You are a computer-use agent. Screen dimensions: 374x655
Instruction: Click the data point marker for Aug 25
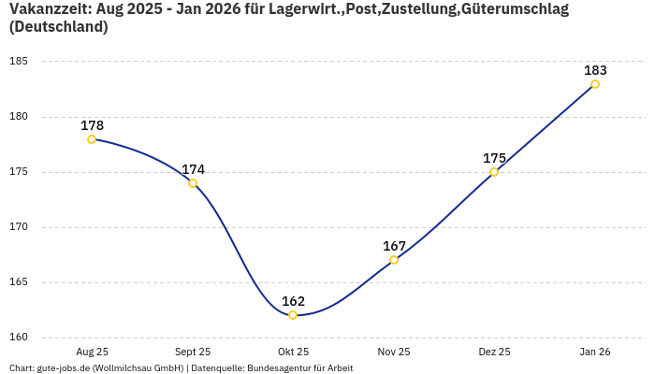92,139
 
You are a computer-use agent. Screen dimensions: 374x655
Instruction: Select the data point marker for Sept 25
193,183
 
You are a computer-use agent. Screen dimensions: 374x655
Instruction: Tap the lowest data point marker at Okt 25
293,315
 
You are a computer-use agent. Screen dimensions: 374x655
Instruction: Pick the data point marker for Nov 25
394,260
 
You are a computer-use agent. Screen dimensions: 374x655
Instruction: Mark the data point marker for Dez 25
494,172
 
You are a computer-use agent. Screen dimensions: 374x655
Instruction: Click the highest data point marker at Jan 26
595,84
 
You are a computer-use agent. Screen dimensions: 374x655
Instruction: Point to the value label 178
92,125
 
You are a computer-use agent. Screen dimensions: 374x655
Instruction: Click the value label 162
293,301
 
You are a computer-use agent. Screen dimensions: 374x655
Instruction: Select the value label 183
595,70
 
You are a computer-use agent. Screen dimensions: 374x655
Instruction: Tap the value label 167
394,246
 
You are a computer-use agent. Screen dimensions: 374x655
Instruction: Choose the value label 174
193,169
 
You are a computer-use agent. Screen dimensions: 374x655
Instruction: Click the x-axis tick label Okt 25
293,352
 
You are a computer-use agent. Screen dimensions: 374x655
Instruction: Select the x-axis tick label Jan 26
595,352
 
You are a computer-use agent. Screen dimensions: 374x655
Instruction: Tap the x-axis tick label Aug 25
92,352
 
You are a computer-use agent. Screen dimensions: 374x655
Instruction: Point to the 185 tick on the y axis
19,62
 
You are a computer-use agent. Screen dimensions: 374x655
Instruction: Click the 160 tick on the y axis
19,338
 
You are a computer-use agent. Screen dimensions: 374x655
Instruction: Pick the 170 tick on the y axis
19,227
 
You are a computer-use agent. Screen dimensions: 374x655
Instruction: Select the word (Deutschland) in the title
58,27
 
